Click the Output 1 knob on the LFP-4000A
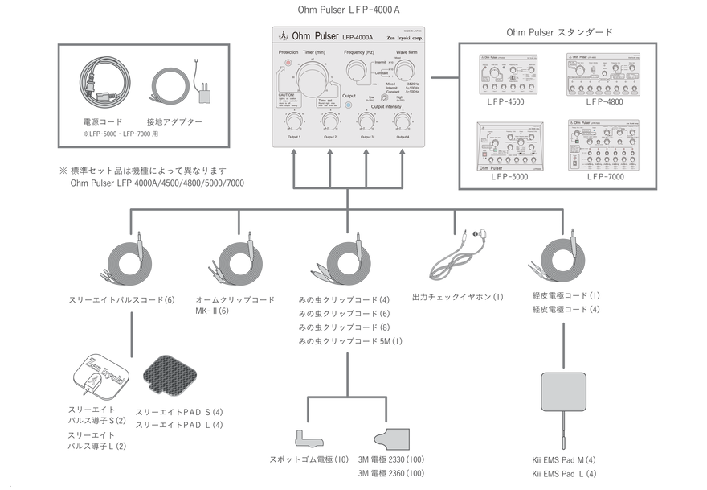tap(293, 121)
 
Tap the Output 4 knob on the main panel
tap(401, 121)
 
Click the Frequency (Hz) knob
tap(355, 72)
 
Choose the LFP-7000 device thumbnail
tap(607, 146)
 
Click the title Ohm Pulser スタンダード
tap(559, 32)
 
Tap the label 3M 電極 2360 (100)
tap(391, 473)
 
